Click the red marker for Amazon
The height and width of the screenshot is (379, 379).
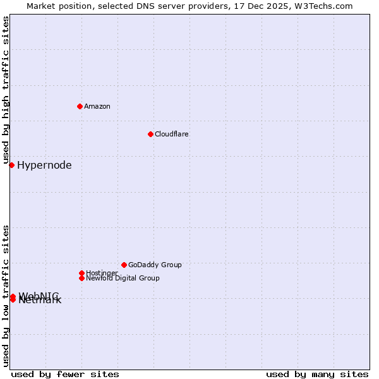coord(80,106)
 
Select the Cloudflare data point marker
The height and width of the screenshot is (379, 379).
coord(150,134)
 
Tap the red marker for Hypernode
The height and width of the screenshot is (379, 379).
coord(11,165)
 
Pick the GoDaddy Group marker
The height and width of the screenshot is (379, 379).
coord(124,265)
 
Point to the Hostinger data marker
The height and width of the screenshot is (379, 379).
coord(81,273)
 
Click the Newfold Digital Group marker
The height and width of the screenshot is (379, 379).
coord(81,278)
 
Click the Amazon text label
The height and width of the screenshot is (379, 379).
coord(97,106)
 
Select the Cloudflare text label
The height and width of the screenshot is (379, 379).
coord(172,134)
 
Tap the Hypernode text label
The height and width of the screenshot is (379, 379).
coord(44,165)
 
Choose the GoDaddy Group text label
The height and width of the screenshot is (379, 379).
coord(155,265)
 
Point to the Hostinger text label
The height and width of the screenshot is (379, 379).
coord(102,273)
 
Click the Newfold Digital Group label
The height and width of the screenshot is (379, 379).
coord(123,278)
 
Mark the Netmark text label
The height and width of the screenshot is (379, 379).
coord(40,301)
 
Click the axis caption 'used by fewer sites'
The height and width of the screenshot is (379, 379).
coord(65,374)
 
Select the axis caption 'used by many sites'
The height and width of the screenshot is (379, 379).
coord(317,374)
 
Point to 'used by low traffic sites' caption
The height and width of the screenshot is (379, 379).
coord(6,295)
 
